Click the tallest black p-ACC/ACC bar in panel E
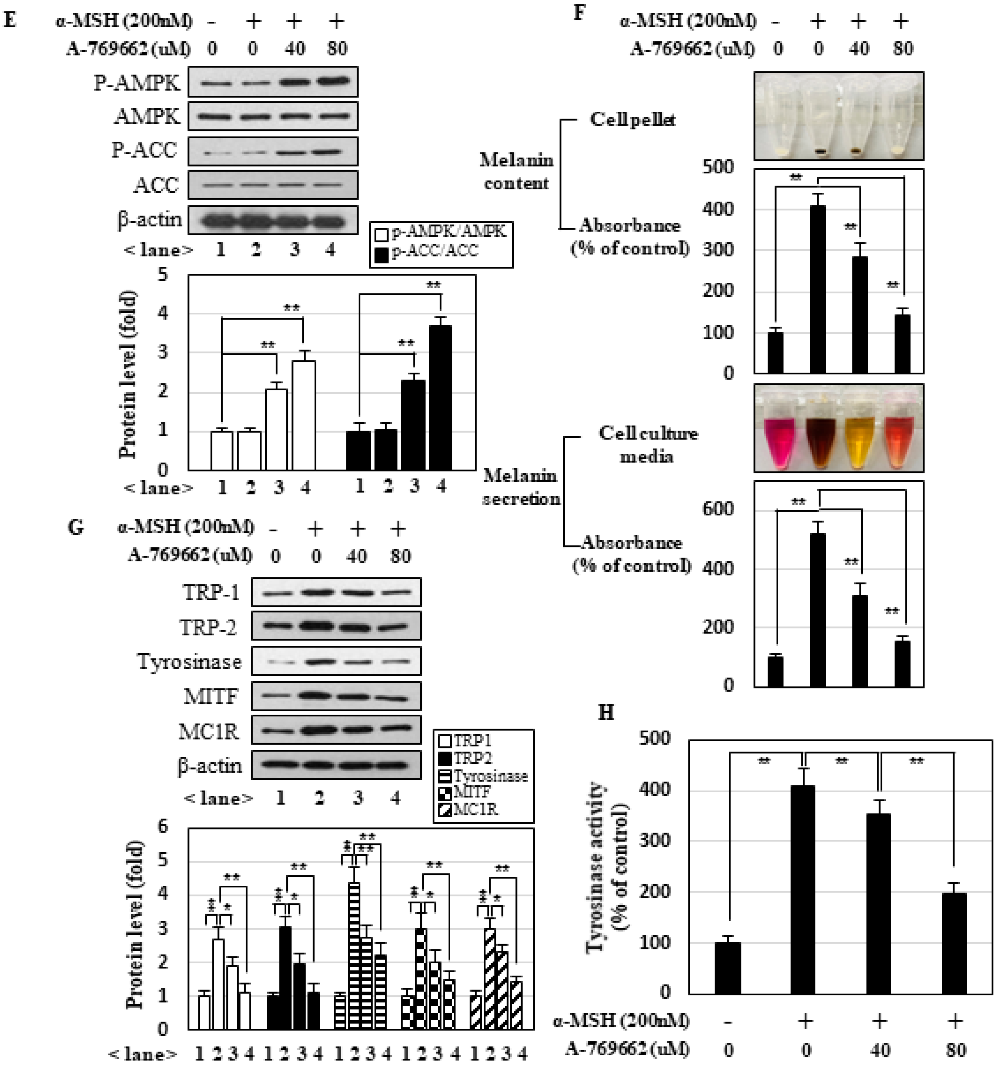(x=441, y=397)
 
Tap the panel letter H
(x=606, y=713)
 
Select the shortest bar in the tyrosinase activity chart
(x=728, y=968)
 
